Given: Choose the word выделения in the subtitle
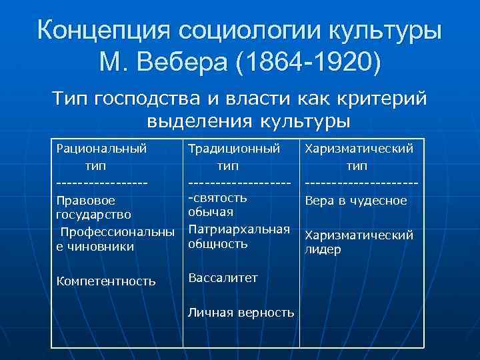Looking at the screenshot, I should [x=192, y=122].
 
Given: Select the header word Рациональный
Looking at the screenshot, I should [x=102, y=149].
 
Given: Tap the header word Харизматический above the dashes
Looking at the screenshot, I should [x=359, y=149].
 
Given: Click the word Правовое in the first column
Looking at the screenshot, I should [x=87, y=200].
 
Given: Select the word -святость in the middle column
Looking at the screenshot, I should [x=219, y=197].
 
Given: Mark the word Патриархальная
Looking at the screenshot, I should [x=239, y=229].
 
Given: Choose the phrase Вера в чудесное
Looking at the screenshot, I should [x=355, y=200].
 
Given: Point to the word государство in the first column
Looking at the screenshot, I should [x=94, y=215].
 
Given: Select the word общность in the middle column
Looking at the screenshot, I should [x=219, y=244].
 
